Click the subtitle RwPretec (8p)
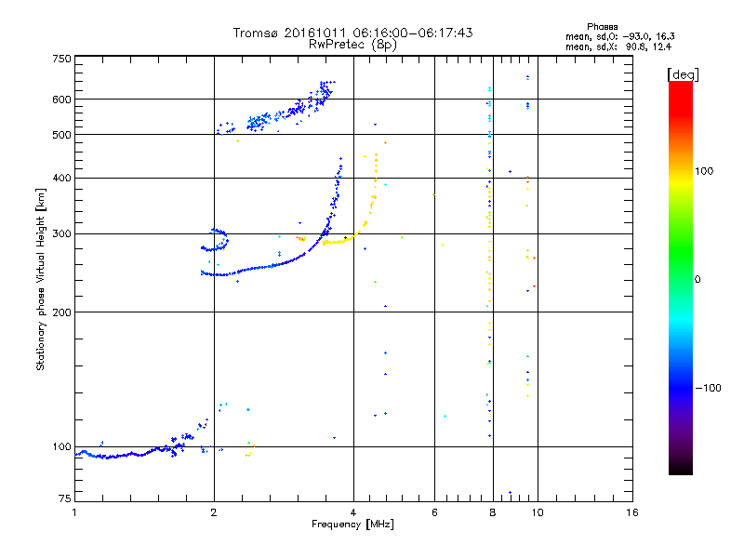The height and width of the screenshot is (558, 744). (x=352, y=45)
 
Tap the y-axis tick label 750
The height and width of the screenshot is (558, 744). (x=61, y=59)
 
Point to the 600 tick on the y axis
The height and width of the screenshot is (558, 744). (x=61, y=100)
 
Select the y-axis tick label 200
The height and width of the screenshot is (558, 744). (x=61, y=312)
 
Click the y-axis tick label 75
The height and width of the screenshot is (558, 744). (x=65, y=498)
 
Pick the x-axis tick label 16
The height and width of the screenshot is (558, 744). (x=631, y=512)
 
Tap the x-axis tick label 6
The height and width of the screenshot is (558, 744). (x=434, y=512)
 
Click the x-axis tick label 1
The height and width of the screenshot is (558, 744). (x=74, y=512)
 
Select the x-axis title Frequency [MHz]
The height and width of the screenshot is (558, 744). (x=352, y=525)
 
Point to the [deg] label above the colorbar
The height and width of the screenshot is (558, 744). (x=683, y=74)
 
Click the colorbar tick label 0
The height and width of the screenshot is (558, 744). (x=697, y=279)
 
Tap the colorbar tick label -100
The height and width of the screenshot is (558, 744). (x=708, y=388)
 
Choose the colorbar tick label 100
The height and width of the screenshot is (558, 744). (x=704, y=171)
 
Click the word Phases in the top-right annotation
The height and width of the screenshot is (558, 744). (x=602, y=27)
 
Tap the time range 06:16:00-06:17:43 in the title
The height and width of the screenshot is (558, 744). (x=413, y=33)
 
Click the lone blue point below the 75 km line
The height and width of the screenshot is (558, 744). (x=510, y=493)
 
